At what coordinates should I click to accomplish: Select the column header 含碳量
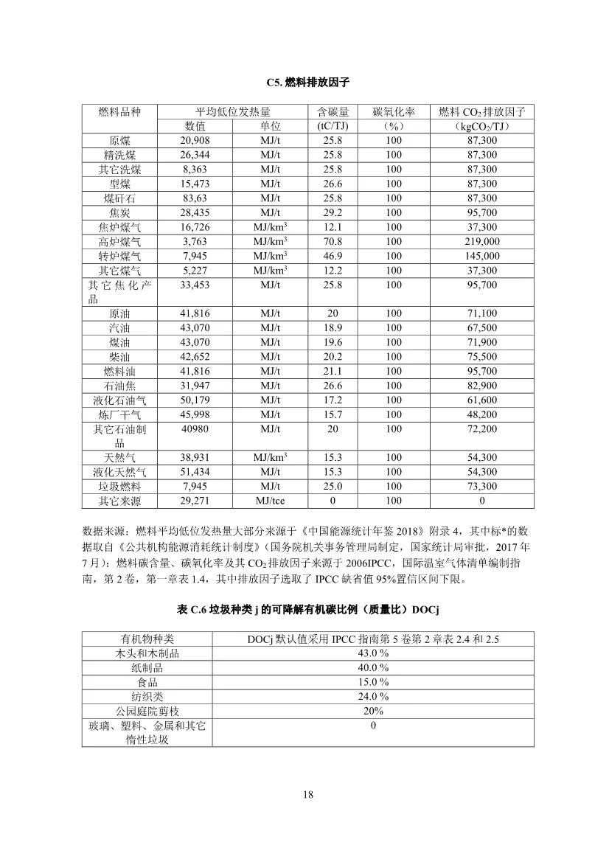[x=332, y=112]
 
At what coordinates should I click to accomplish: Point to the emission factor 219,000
[x=482, y=242]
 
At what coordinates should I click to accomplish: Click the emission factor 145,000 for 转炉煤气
[x=482, y=256]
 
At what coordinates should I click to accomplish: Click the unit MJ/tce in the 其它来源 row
[x=270, y=501]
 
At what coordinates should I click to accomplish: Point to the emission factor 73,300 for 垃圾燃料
[x=482, y=487]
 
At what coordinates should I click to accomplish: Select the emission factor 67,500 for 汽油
[x=482, y=328]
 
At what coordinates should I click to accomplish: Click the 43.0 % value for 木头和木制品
[x=373, y=653]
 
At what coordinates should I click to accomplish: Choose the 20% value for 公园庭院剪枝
[x=373, y=711]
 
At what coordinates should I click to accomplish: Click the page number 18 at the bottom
[x=308, y=795]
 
